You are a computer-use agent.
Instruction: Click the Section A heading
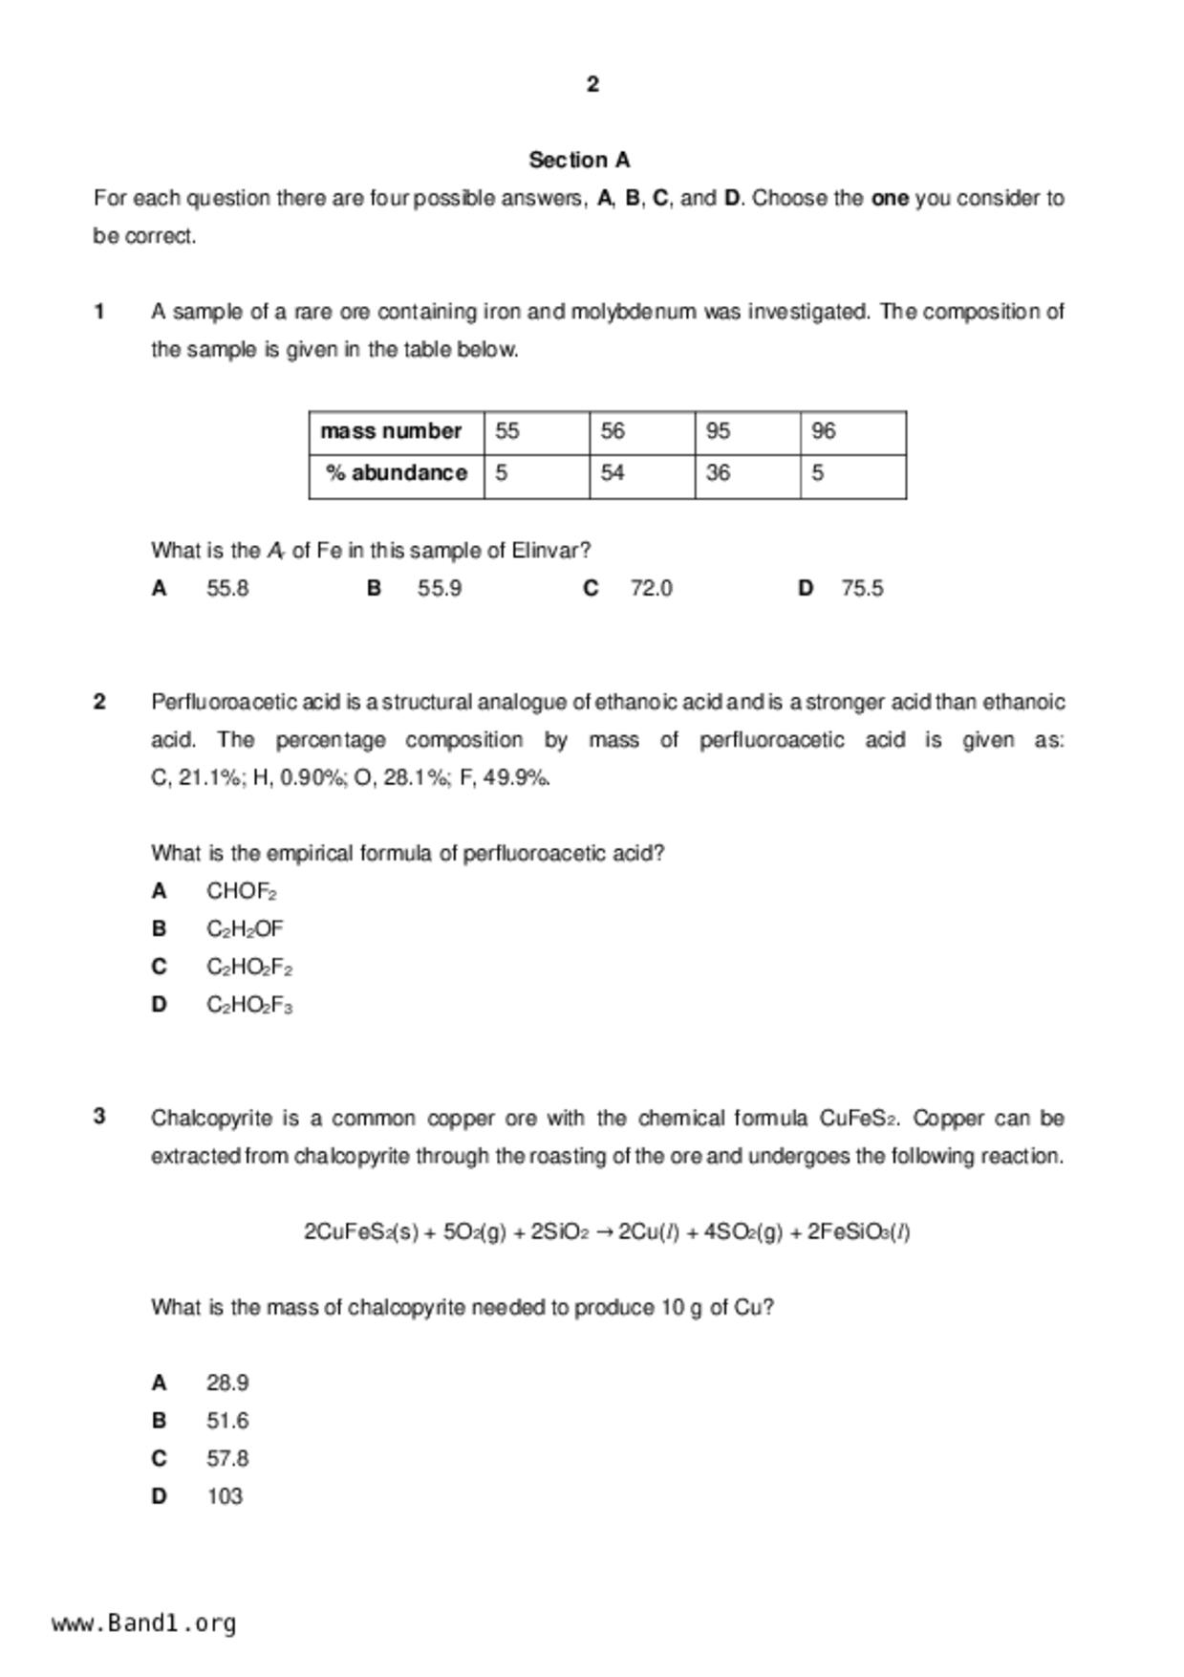[x=579, y=160]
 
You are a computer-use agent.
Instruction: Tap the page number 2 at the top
[x=592, y=84]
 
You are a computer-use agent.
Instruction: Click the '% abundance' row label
[x=397, y=473]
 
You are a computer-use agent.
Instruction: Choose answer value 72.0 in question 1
[x=651, y=588]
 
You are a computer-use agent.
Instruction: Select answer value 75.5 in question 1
[x=862, y=588]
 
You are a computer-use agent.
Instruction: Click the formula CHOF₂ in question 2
[x=241, y=891]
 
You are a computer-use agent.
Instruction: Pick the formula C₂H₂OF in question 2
[x=245, y=929]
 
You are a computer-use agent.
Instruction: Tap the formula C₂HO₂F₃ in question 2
[x=249, y=1005]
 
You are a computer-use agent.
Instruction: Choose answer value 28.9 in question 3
[x=227, y=1383]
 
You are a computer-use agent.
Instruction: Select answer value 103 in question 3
[x=225, y=1496]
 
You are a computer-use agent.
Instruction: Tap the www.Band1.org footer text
[x=144, y=1623]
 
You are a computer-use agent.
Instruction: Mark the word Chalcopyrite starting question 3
[x=210, y=1118]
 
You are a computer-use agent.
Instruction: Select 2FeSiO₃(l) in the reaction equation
[x=858, y=1231]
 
